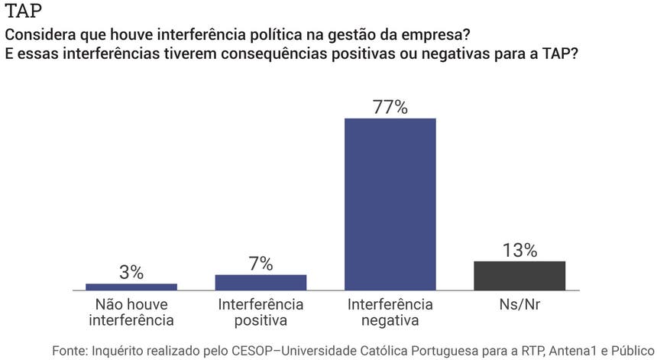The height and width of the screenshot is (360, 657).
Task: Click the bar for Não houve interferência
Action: [131, 287]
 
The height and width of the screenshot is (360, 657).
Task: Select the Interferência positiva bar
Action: [261, 282]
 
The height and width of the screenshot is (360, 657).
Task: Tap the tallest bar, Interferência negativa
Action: [390, 204]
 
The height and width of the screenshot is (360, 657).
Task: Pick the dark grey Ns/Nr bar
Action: [519, 275]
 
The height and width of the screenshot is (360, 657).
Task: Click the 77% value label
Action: [390, 107]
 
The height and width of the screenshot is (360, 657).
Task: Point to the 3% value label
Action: [131, 272]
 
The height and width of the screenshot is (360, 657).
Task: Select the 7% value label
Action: [261, 264]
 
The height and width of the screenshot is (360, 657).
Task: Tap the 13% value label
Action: [519, 250]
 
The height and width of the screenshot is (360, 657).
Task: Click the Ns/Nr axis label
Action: [519, 304]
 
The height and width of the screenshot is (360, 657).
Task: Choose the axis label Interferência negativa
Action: [390, 312]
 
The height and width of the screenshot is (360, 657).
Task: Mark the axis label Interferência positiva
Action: [261, 312]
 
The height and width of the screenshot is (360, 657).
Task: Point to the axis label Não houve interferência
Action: [131, 312]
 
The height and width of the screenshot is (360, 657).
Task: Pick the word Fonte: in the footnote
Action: [70, 350]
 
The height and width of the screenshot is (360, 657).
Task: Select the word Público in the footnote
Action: [633, 350]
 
